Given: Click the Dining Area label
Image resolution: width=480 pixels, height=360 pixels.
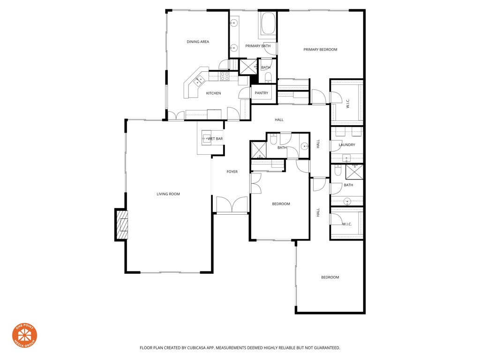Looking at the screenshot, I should (198, 42).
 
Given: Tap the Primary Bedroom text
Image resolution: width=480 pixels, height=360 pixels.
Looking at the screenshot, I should (320, 50).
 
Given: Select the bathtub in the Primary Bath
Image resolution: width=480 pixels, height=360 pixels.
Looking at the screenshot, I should (268, 24).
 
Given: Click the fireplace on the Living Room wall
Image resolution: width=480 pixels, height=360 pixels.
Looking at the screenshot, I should (122, 225).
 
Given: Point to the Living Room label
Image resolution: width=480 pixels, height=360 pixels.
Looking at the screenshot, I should (168, 194).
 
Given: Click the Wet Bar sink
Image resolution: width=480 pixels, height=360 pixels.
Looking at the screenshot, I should (206, 138).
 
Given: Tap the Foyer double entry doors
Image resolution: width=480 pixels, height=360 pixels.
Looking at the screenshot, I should (232, 205).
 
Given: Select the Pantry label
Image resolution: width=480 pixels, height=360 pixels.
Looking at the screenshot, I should (262, 93).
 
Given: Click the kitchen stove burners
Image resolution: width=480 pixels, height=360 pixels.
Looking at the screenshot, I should (225, 76).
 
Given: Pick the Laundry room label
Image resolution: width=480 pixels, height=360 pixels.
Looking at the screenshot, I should (347, 145).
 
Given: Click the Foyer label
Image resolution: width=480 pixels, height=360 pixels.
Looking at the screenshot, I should (232, 172).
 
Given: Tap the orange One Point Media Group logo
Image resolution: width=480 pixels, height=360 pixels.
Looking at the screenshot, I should (24, 335).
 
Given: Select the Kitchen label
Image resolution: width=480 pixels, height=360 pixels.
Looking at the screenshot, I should (213, 93).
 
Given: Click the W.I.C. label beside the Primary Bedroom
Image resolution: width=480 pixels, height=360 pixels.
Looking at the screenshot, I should (348, 103).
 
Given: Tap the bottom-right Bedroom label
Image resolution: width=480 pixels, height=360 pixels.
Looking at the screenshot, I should (330, 277).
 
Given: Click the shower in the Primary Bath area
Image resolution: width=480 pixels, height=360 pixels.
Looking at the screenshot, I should (247, 67).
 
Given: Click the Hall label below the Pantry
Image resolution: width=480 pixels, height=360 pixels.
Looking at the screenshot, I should (279, 120).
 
